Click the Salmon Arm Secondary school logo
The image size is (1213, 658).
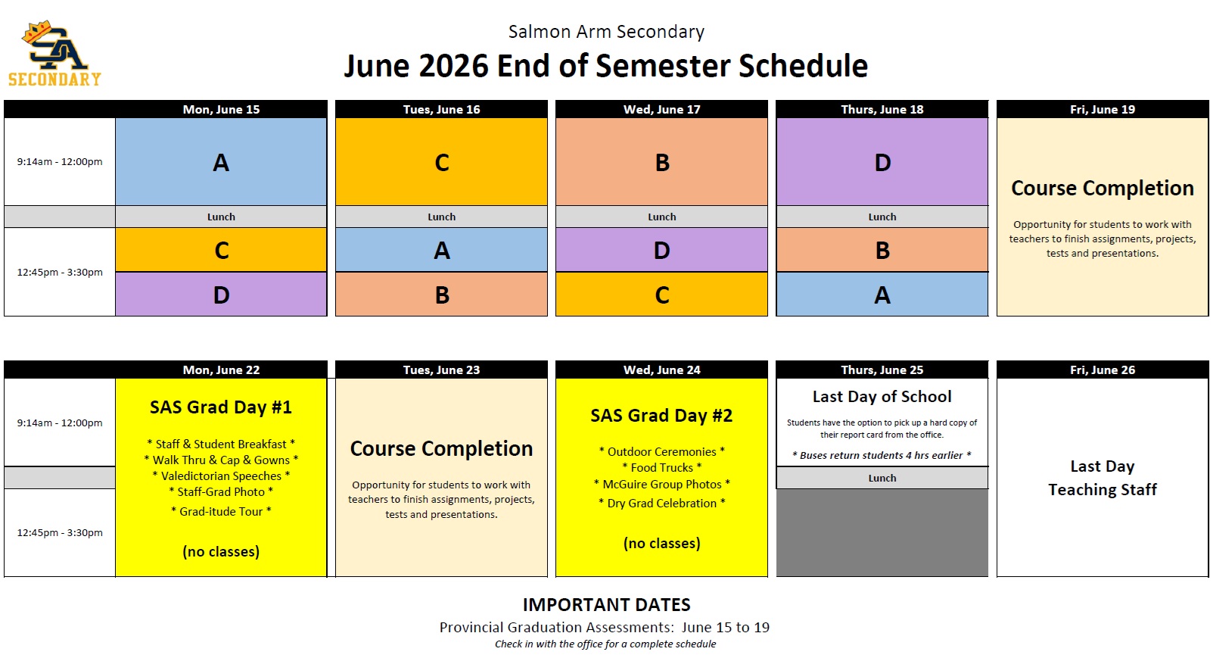click(54, 54)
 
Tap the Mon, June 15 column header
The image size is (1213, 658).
click(221, 110)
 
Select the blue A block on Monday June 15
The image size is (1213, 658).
click(221, 161)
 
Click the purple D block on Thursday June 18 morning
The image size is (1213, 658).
click(882, 161)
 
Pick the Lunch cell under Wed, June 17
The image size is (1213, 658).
click(661, 217)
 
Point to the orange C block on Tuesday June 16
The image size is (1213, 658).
click(441, 161)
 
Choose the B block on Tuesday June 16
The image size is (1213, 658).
click(441, 295)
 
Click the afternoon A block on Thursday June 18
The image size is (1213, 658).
click(882, 295)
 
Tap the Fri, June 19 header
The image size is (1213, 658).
click(1103, 110)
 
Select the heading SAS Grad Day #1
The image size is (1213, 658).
click(221, 407)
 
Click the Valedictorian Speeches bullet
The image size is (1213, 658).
click(221, 476)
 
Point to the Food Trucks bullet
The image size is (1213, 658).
click(661, 468)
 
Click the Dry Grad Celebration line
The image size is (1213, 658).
click(661, 503)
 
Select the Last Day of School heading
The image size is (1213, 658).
click(882, 397)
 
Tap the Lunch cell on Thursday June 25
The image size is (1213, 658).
click(882, 478)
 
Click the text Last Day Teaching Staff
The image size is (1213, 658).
click(1103, 478)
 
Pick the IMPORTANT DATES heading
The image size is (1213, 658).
click(607, 604)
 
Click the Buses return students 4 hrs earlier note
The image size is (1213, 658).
click(882, 455)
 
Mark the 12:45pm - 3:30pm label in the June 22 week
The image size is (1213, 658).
click(60, 533)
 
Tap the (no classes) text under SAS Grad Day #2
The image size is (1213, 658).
click(661, 544)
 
